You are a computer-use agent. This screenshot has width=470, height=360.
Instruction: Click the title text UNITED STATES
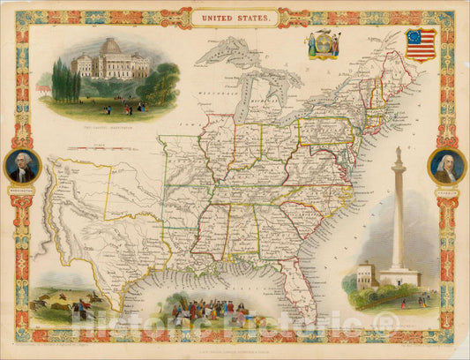(x=235, y=17)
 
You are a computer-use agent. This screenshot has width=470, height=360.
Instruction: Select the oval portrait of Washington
(x=23, y=166)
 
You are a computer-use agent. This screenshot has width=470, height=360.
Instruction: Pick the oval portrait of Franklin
(x=446, y=166)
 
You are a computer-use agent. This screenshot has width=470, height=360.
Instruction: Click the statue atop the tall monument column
(x=397, y=153)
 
